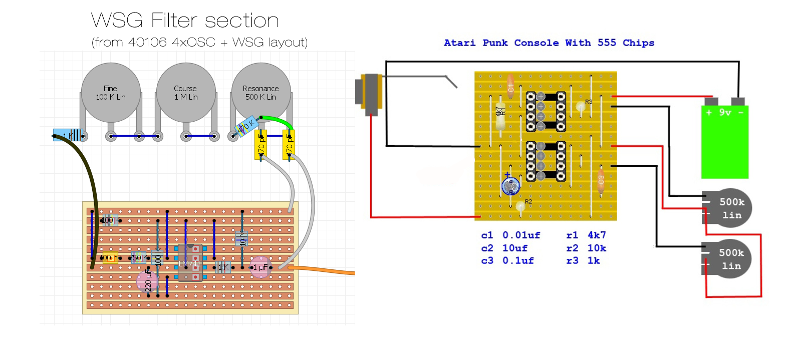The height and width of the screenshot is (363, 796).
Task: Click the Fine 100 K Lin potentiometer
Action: pos(111,93)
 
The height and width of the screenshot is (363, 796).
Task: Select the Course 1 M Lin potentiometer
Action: pos(186,93)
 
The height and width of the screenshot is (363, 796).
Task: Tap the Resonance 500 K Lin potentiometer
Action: pos(261,93)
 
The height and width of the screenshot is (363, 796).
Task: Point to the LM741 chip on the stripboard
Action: pos(190,263)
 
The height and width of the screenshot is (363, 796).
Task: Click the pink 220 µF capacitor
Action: pos(147,282)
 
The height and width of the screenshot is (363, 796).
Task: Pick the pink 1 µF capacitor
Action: pos(260,267)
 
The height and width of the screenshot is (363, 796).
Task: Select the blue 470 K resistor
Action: pos(246,127)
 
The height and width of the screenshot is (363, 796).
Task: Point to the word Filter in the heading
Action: pos(174,21)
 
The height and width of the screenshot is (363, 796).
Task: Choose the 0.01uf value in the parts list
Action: pos(521,235)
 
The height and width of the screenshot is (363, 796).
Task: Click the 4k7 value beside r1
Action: pos(597,235)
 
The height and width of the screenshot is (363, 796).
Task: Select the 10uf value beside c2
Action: pos(514,248)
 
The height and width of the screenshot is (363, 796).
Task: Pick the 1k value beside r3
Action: pos(594,261)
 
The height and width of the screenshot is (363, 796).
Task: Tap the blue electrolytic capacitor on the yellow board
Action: pos(510,186)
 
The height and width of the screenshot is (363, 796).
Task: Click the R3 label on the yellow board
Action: pos(589,102)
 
